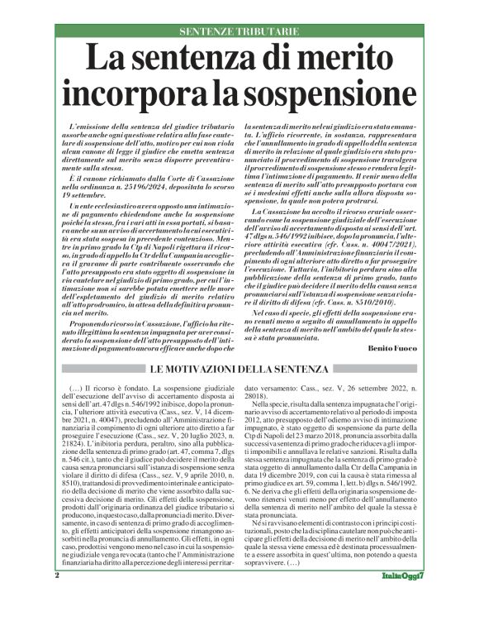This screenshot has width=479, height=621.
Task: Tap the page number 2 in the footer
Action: (x=58, y=597)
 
